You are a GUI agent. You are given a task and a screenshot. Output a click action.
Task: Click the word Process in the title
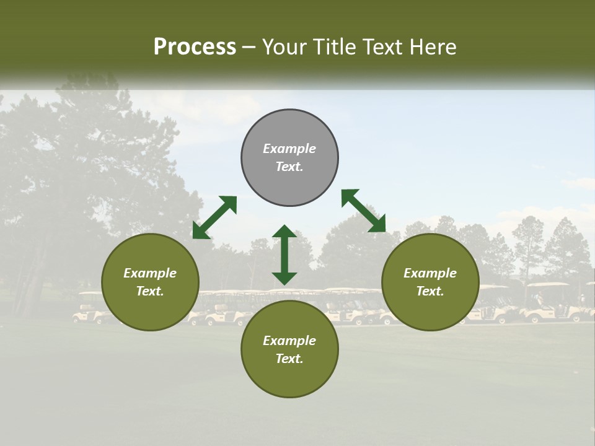click(195, 47)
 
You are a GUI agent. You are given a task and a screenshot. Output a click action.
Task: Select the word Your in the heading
click(286, 47)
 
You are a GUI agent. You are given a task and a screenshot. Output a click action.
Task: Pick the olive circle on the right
click(430, 310)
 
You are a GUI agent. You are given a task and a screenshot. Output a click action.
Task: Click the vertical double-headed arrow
click(284, 255)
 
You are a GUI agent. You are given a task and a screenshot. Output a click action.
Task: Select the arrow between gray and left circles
click(214, 217)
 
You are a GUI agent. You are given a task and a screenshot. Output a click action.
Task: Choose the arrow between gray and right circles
click(363, 211)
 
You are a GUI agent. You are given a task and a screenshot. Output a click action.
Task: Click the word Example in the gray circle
click(289, 149)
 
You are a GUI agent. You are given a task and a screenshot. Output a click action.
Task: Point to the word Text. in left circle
click(150, 291)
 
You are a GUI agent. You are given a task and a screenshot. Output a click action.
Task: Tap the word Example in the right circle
click(430, 273)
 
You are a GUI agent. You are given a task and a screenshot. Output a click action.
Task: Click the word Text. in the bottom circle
click(289, 359)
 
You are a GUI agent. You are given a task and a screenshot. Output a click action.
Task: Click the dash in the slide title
click(249, 48)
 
